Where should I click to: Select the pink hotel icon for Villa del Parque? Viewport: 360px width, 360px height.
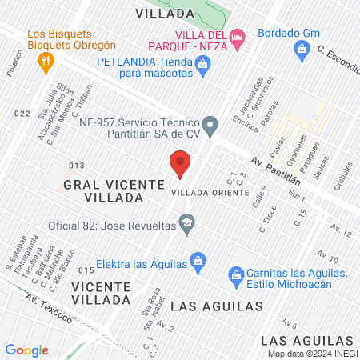[237, 37]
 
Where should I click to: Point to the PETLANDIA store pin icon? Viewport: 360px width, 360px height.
[203, 69]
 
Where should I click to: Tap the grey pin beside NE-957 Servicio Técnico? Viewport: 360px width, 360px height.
[210, 125]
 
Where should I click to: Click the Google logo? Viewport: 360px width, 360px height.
[26, 350]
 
